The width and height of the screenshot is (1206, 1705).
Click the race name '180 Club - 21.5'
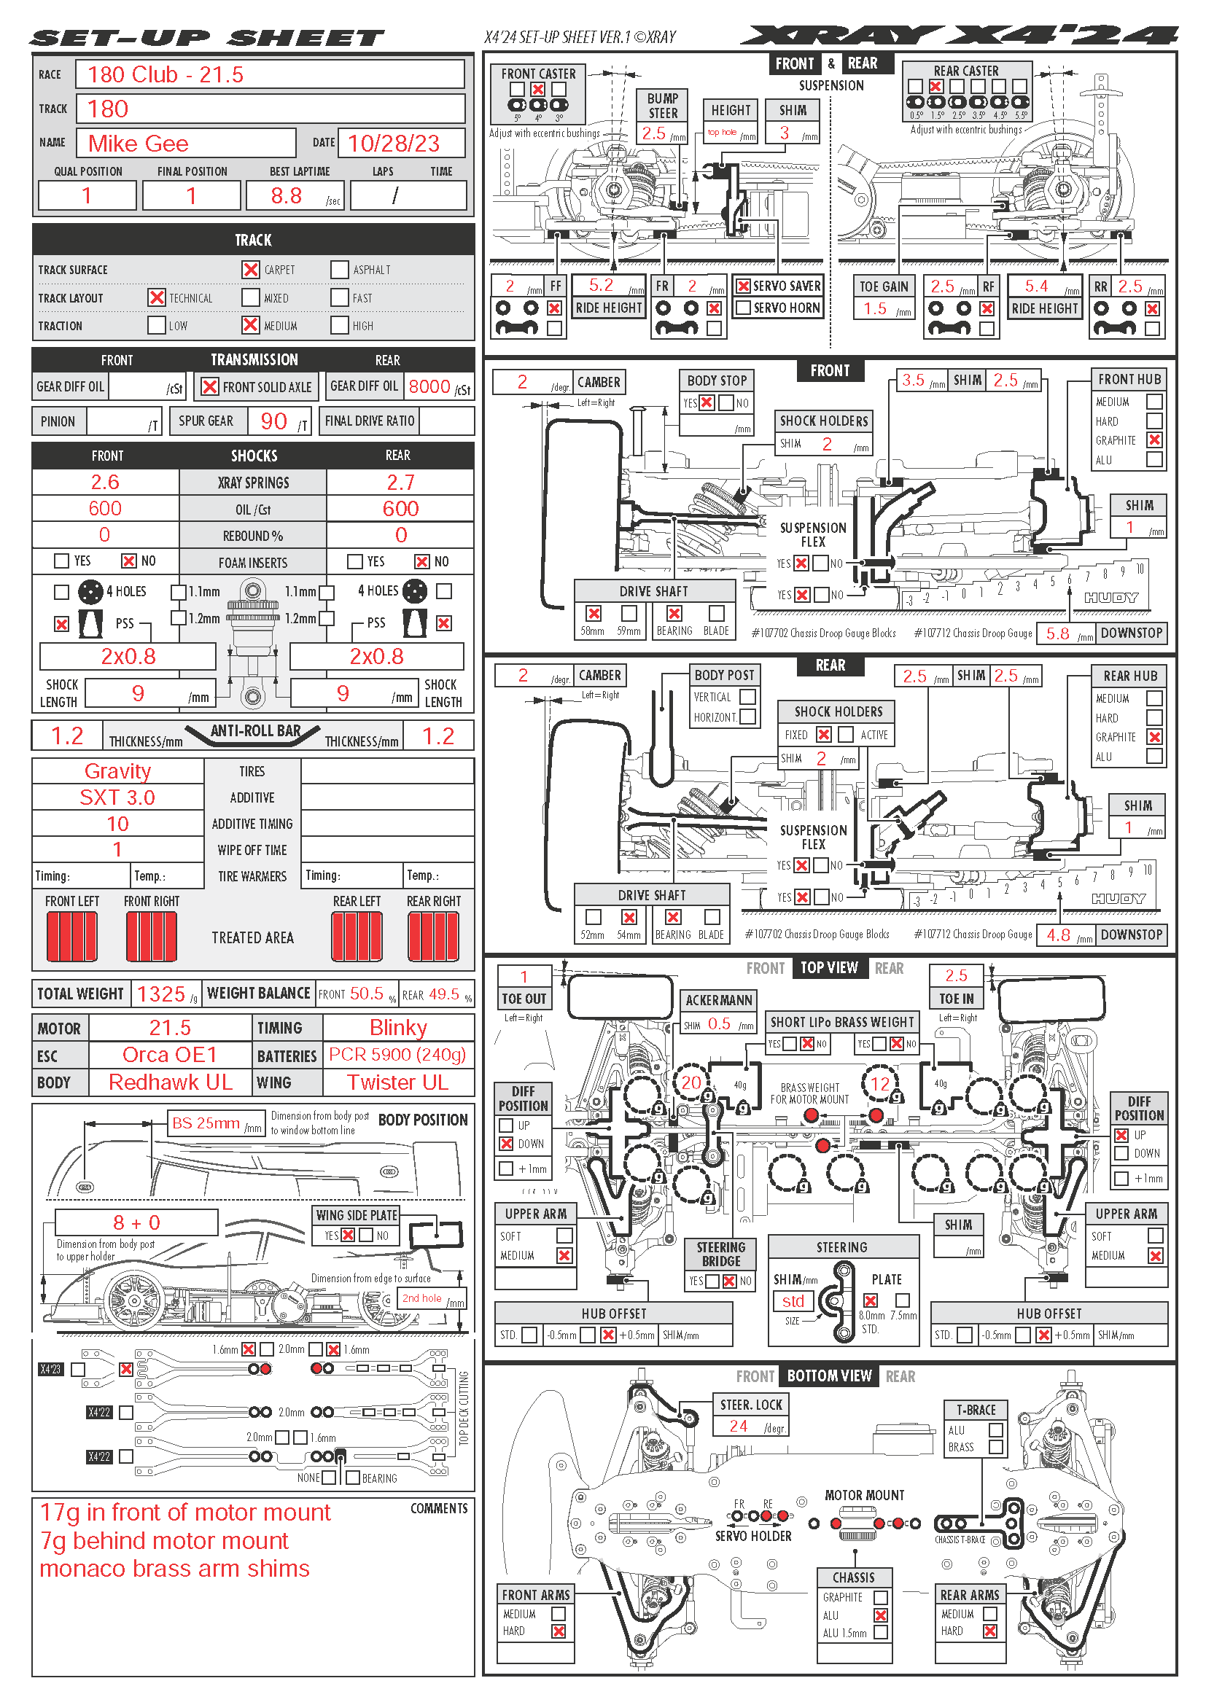[165, 74]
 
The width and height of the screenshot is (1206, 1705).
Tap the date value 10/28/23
[394, 144]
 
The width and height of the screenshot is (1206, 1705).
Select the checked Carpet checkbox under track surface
[251, 270]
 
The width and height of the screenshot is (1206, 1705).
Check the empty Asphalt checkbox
[339, 270]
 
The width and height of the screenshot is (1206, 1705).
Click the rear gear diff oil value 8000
[429, 386]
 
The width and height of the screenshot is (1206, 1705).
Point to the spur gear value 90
[273, 421]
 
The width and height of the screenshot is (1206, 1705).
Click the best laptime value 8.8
[286, 196]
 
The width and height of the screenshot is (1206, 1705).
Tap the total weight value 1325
[161, 994]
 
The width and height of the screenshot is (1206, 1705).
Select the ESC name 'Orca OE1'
[169, 1055]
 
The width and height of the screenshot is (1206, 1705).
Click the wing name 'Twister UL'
[397, 1082]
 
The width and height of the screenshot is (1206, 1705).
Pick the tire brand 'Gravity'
[117, 770]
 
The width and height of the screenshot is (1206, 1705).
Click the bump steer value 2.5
[653, 133]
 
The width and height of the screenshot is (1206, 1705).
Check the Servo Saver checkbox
[742, 286]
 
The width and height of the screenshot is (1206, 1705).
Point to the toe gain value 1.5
[875, 308]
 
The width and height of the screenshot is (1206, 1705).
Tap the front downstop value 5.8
[1057, 633]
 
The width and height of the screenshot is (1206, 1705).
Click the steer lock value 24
[738, 1426]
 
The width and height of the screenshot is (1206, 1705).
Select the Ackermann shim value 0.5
[719, 1023]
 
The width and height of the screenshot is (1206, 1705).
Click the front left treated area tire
[72, 937]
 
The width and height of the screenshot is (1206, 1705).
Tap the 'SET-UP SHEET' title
[207, 38]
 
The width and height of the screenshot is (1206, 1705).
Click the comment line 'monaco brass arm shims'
[174, 1569]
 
